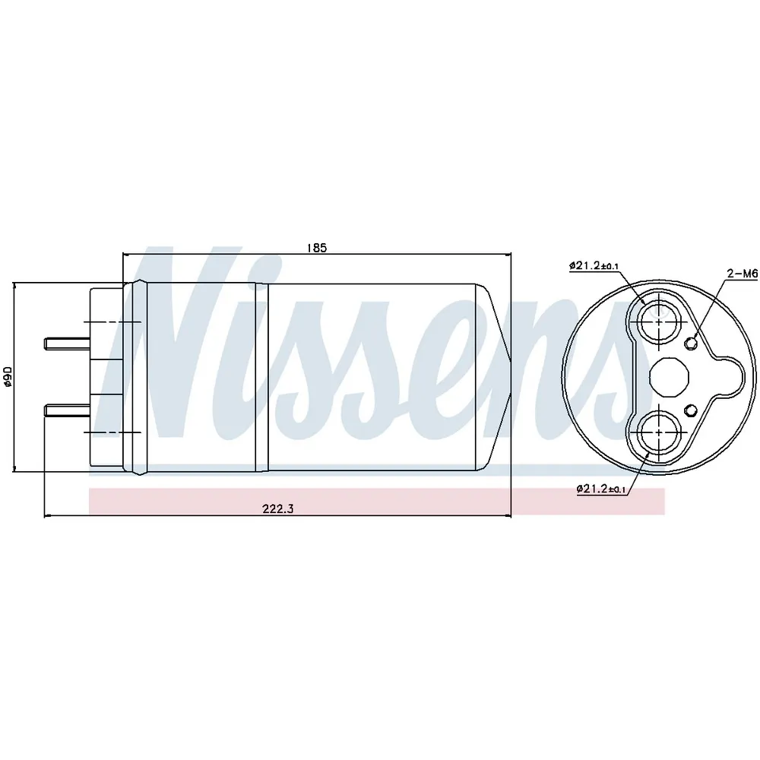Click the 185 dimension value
coord(317,248)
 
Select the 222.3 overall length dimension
coord(278,508)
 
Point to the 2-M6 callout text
coord(742,274)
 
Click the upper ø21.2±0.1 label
coord(594,265)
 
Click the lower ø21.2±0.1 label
coord(601,489)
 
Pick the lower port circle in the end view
coord(659,432)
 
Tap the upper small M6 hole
coord(691,344)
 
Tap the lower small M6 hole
coord(691,410)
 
